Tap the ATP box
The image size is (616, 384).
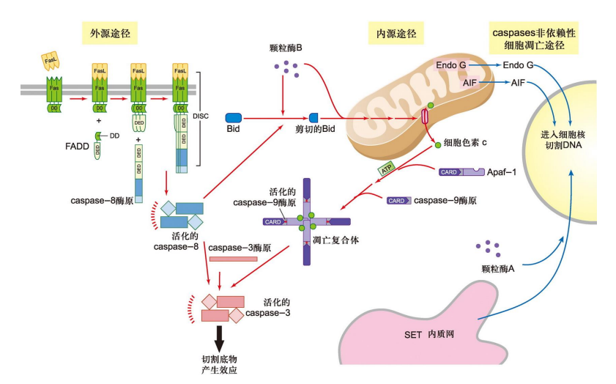coord(387,170)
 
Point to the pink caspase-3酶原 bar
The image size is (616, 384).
coord(233,258)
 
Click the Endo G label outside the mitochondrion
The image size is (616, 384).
coord(518,66)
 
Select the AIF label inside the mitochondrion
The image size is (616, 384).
coord(470,84)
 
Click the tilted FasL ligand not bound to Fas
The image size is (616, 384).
coord(50,57)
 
